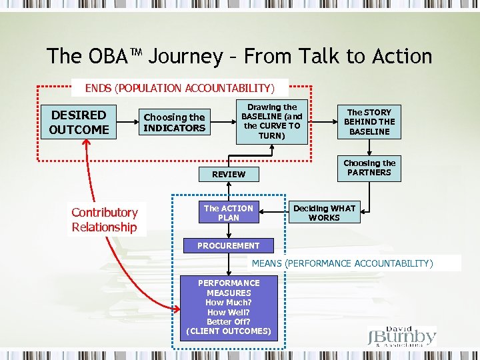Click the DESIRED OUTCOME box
click(x=79, y=123)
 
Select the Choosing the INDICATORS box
click(x=175, y=123)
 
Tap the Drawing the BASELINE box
click(x=271, y=121)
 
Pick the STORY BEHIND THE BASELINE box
click(x=369, y=122)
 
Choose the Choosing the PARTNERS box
click(x=369, y=168)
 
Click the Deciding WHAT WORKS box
click(x=325, y=213)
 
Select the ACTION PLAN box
click(x=228, y=213)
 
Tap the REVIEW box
click(x=229, y=174)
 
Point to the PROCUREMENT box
click(x=228, y=245)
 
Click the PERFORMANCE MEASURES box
click(x=229, y=307)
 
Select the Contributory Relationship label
click(x=105, y=220)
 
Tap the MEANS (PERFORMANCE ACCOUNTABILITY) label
click(x=342, y=263)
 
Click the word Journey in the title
click(x=185, y=57)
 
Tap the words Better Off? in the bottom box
click(x=229, y=321)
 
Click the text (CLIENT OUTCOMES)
click(x=229, y=331)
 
